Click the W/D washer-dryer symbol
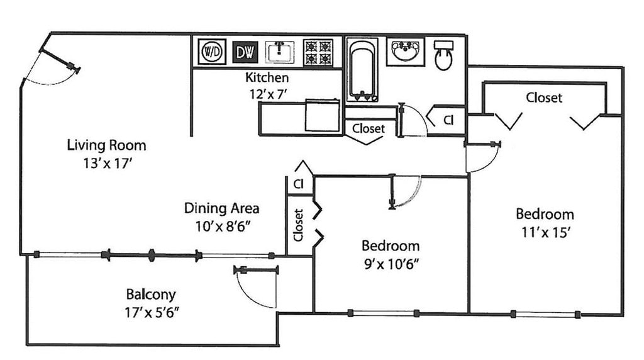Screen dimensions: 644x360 pos(212,52)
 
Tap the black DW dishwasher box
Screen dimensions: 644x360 pos(245,52)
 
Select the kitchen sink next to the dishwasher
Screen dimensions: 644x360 pos(280,52)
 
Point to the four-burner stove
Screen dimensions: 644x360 pos(318,52)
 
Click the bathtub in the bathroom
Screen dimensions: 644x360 pos(362,70)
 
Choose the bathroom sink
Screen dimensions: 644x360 pos(406,52)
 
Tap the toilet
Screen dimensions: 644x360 pos(443,55)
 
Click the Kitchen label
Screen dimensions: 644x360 pos(267,77)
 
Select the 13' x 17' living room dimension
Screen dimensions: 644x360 pos(108,164)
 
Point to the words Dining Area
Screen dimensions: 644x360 pos(221,208)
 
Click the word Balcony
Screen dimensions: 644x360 pos(151,295)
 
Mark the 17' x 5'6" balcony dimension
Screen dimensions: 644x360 pos(152,313)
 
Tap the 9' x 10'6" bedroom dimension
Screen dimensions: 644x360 pos(391,264)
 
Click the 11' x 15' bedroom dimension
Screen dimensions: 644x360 pos(546,233)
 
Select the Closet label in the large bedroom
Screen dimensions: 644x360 pos(544,98)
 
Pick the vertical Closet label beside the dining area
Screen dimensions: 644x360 pos(298,225)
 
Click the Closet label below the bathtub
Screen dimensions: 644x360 pos(369,128)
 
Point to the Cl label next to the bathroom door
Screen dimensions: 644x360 pos(448,120)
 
